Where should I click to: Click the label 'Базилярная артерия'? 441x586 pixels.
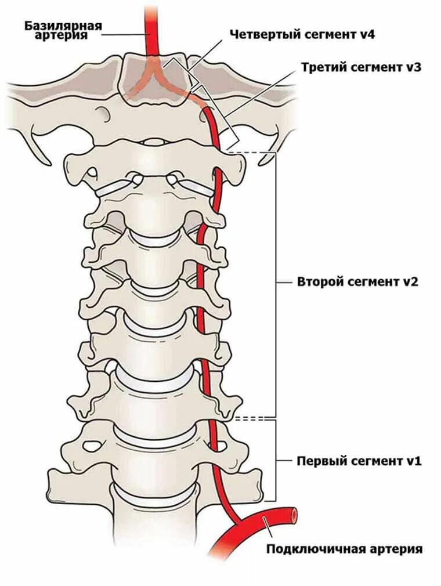[64, 30]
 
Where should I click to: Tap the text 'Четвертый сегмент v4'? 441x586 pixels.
[302, 34]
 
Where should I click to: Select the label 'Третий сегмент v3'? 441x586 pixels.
[361, 67]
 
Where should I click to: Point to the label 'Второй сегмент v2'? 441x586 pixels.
[358, 283]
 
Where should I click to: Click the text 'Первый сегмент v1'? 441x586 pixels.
[359, 461]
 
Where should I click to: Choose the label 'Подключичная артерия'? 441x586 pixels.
[345, 548]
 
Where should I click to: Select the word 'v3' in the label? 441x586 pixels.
[413, 67]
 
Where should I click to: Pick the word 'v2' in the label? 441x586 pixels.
[410, 283]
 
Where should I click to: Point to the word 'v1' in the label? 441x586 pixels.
[413, 461]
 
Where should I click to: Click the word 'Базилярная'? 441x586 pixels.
[64, 26]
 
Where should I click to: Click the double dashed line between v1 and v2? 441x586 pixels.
[254, 418]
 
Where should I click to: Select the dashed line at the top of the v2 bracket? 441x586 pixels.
[253, 153]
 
